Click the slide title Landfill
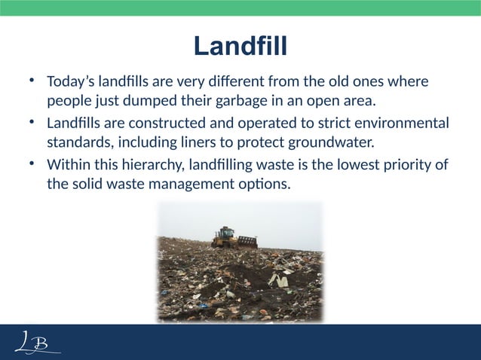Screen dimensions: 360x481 point(240,47)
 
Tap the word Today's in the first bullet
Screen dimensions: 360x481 point(72,81)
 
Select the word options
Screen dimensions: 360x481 point(267,184)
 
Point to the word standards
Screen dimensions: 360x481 point(78,142)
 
